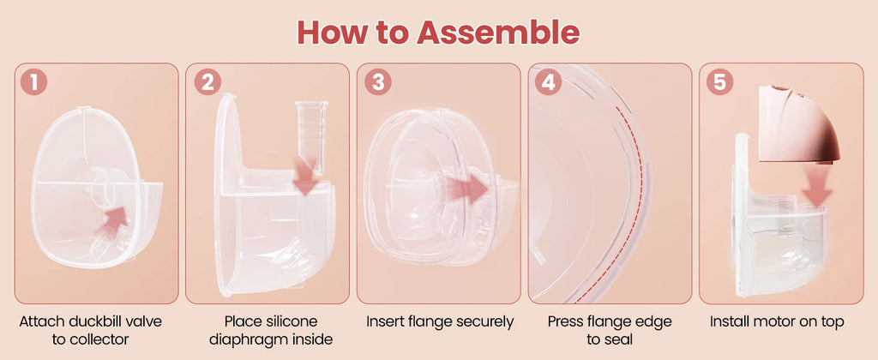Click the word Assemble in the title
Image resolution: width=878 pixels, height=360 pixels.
pos(498,33)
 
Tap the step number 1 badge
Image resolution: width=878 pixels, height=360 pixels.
pos(34,82)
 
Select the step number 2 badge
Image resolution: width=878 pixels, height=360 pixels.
pos(207,82)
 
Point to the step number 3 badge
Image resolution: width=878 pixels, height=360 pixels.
pos(378,82)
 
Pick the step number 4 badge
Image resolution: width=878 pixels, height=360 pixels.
pos(549,82)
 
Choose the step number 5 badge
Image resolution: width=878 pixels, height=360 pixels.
pos(719,82)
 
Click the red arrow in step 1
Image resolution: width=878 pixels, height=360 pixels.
pos(112,220)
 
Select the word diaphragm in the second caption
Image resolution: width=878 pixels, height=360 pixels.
pos(271,339)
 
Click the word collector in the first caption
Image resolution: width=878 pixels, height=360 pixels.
pos(99,339)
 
